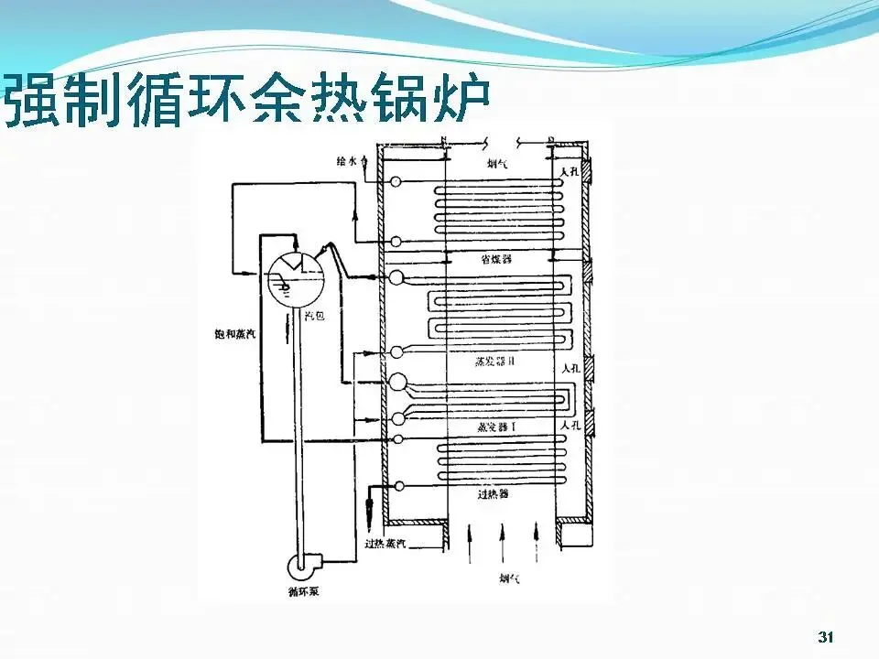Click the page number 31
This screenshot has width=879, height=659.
[x=827, y=637]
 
